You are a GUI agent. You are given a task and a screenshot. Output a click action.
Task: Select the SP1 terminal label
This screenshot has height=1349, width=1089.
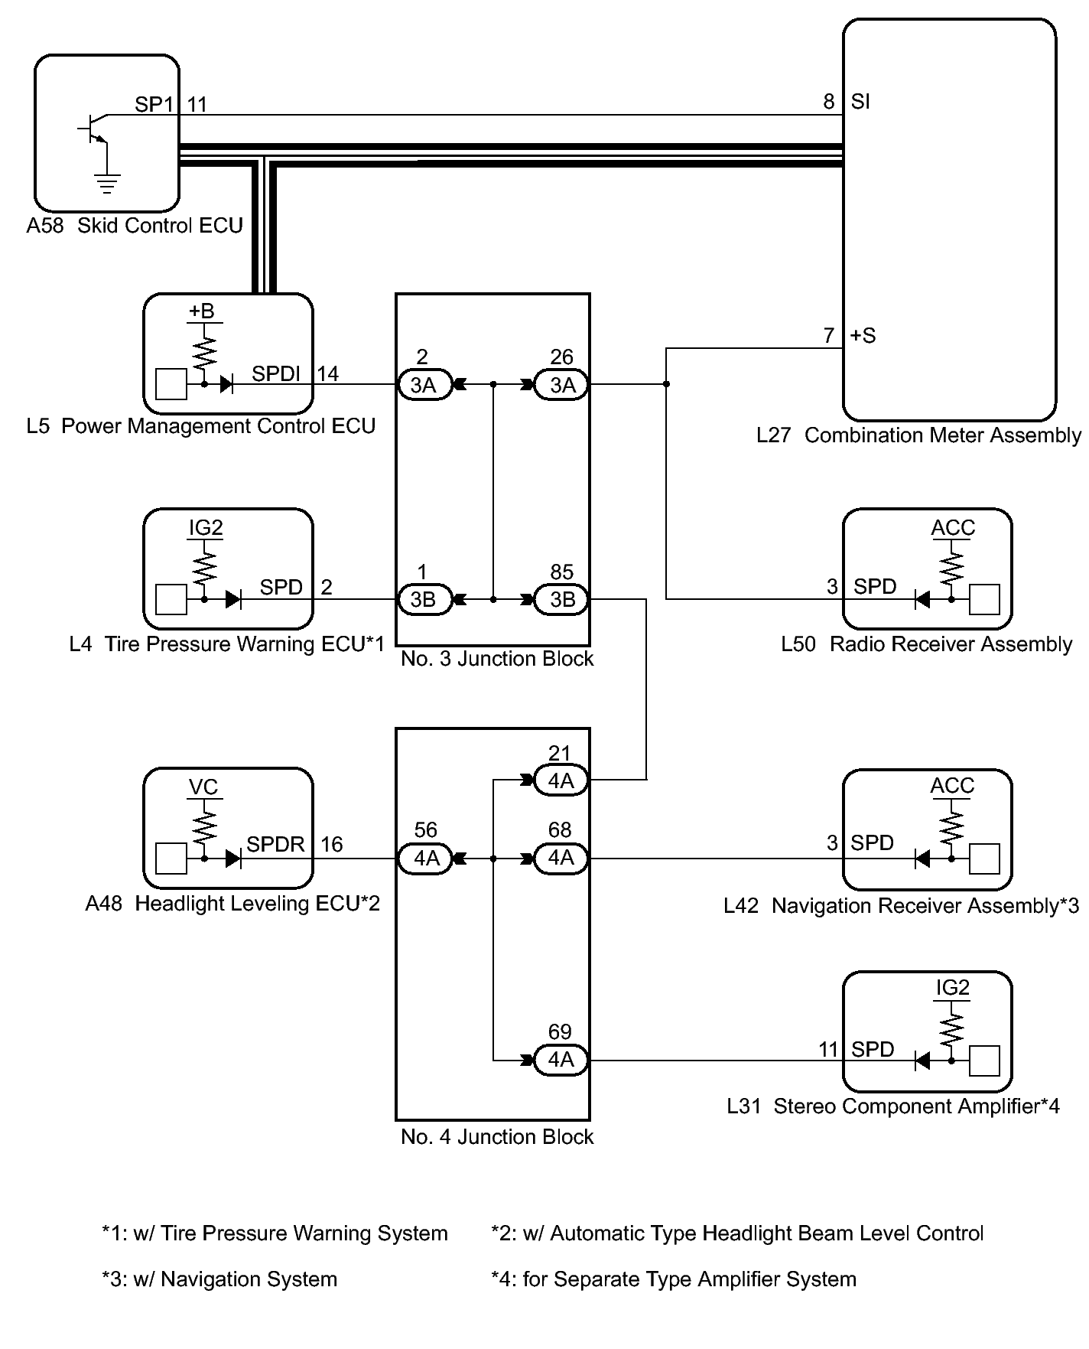[x=154, y=104]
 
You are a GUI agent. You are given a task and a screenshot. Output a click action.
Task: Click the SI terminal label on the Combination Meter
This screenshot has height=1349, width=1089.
[x=860, y=102]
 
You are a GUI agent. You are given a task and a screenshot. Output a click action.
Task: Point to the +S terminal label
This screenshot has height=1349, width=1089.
[x=863, y=336]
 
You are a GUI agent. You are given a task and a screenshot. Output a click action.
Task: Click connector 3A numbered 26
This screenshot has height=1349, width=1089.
[x=562, y=385]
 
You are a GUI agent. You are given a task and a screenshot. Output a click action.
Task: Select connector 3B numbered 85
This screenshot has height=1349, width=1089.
[x=562, y=600]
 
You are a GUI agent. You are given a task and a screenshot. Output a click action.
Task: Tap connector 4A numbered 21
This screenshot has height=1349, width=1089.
[x=561, y=781]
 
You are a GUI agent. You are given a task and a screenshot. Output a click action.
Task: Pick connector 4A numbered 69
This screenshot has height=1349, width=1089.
[x=561, y=1060]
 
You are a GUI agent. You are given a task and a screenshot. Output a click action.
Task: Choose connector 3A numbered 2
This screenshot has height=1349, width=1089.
[x=423, y=385]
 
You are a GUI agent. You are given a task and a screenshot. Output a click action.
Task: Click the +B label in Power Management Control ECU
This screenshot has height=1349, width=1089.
[x=202, y=311]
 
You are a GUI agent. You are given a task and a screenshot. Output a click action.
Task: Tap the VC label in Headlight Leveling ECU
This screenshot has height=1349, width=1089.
[x=203, y=787]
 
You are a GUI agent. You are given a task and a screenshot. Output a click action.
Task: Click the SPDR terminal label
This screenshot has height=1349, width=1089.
[x=275, y=845]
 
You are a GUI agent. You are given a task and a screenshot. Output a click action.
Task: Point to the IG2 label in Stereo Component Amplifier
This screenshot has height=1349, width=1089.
[x=952, y=988]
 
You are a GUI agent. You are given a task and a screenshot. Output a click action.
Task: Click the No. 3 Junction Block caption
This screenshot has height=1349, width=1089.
[x=497, y=659]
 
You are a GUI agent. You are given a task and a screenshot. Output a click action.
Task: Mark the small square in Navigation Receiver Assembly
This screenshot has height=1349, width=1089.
[x=984, y=859]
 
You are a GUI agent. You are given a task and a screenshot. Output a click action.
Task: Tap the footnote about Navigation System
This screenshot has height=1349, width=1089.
[x=219, y=1279]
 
